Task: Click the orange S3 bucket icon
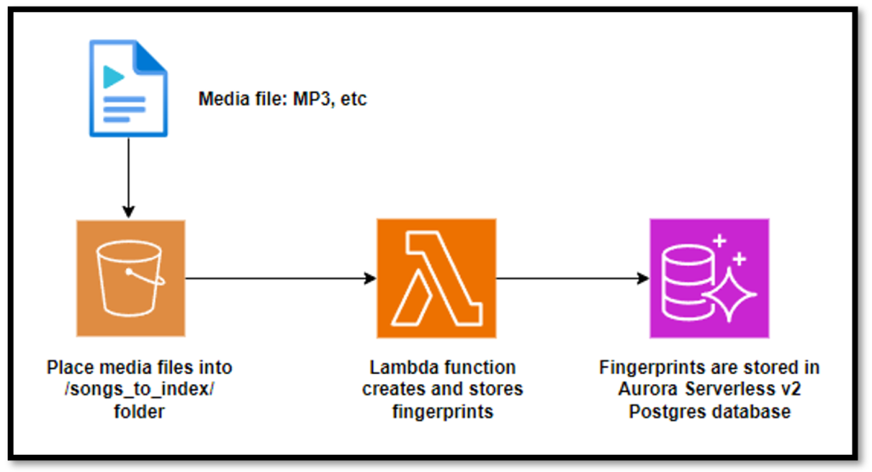tap(130, 279)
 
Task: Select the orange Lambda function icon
tap(437, 278)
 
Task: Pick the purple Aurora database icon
tap(709, 278)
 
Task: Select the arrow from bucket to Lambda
tap(281, 278)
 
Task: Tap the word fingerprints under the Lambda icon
tap(442, 412)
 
